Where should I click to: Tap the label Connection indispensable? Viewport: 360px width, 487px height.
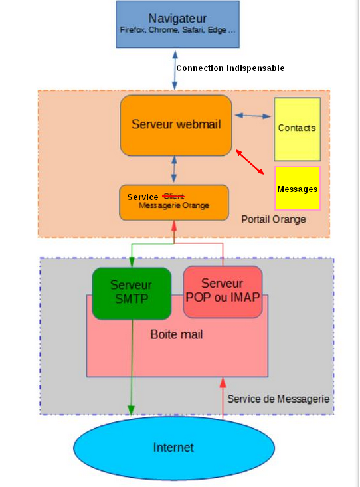click(x=230, y=68)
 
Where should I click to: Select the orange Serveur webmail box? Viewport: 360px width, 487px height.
click(x=176, y=125)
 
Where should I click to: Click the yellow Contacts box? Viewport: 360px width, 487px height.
click(x=297, y=128)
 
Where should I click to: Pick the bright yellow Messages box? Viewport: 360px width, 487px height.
click(x=297, y=189)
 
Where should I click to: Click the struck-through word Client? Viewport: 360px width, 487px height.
click(x=173, y=196)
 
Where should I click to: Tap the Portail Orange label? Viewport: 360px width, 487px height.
click(x=273, y=219)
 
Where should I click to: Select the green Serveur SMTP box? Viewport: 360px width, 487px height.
click(x=131, y=292)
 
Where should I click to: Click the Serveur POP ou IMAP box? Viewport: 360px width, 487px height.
click(x=223, y=290)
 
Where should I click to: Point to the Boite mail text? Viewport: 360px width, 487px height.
click(x=176, y=334)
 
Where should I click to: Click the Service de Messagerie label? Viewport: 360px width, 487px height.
click(x=278, y=399)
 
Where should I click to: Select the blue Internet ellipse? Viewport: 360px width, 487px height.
click(x=173, y=448)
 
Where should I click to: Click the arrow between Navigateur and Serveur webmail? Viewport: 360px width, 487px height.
click(x=175, y=68)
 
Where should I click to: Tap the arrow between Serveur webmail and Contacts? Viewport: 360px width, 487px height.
click(x=252, y=116)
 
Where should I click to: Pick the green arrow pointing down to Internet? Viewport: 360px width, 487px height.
click(x=131, y=372)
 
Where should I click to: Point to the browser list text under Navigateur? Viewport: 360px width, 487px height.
click(x=177, y=31)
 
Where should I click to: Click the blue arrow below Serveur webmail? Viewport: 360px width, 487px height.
click(x=174, y=170)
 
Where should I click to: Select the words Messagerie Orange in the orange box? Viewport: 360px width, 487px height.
click(x=174, y=206)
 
